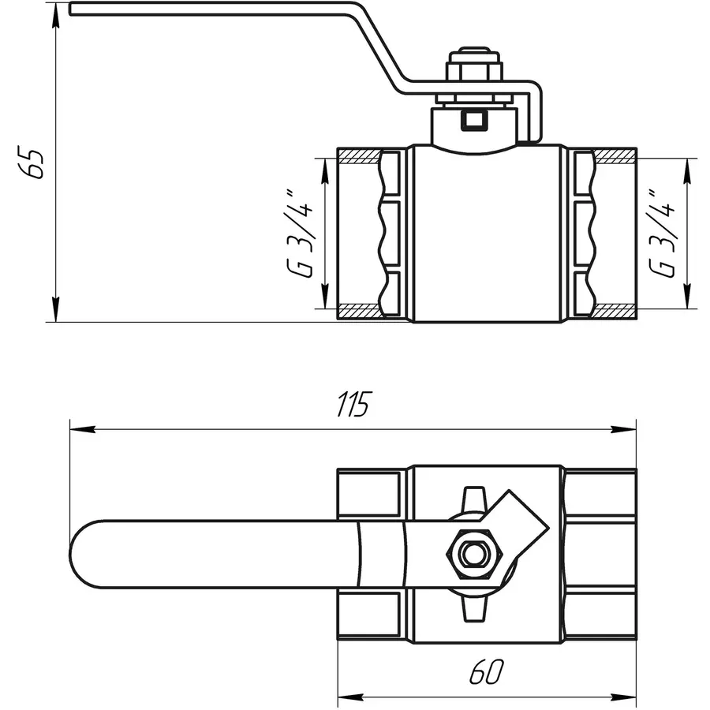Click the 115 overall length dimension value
[352, 404]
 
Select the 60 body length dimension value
[487, 672]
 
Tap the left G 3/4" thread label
[301, 234]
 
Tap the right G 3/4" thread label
[663, 234]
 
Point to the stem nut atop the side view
[473, 69]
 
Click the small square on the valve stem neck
[473, 120]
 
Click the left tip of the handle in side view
[73, 9]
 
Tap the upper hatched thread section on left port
[359, 153]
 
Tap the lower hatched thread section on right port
[615, 312]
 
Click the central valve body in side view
[486, 237]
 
